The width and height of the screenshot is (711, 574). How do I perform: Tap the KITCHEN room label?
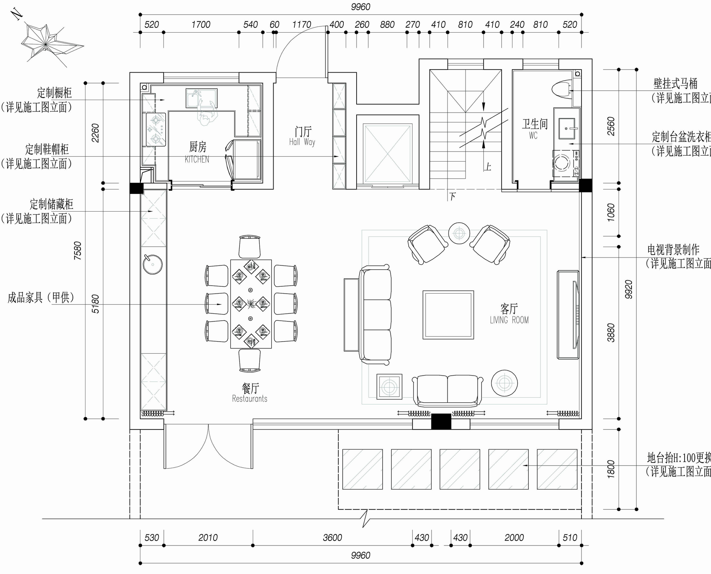pos(197,159)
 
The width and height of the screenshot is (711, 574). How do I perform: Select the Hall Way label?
pos(302,142)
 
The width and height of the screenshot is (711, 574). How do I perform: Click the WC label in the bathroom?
pos(533,136)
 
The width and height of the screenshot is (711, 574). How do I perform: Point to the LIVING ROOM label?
pos(509,320)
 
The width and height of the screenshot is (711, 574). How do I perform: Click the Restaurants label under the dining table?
pos(250,399)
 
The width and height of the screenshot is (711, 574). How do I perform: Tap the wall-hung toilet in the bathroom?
pos(561,89)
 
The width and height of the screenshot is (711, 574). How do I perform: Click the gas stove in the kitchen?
pos(156,129)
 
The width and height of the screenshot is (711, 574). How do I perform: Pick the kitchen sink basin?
pos(201,98)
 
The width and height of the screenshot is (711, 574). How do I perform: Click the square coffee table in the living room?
pos(448,315)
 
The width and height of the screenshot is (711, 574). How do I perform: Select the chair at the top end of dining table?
pos(250,247)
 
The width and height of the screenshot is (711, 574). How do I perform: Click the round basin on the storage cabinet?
pos(153,264)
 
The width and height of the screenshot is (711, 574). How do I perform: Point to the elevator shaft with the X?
pos(388,153)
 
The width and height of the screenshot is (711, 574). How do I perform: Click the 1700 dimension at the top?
pos(201,25)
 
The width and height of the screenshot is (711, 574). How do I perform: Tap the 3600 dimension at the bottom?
pos(333,538)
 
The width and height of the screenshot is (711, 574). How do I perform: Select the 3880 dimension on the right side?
pos(611,333)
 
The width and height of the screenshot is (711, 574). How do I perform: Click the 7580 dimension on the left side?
pos(78,251)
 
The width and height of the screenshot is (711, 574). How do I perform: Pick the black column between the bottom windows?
pos(441,421)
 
